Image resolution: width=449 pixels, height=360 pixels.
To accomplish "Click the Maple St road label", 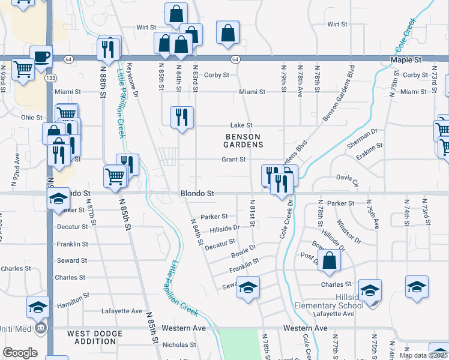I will pyautogui.click(x=406, y=61).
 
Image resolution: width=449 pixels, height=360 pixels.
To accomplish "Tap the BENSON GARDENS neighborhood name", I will pyautogui.click(x=244, y=140).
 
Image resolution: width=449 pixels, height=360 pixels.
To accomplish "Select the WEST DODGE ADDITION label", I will pyautogui.click(x=92, y=337).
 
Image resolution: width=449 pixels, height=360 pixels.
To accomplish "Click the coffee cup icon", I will pyautogui.click(x=41, y=57).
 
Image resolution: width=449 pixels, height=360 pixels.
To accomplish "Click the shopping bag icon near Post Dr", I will pyautogui.click(x=330, y=260).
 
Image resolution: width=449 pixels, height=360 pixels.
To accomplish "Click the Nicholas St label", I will pyautogui.click(x=175, y=344).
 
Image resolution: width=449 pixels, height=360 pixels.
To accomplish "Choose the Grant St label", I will pyautogui.click(x=234, y=160).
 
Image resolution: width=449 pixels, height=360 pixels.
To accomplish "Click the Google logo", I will pyautogui.click(x=20, y=353).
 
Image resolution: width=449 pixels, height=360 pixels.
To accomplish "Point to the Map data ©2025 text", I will pyautogui.click(x=423, y=355).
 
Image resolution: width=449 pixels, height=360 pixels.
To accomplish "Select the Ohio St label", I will pyautogui.click(x=32, y=118).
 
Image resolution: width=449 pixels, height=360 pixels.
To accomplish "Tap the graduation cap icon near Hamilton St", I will pyautogui.click(x=38, y=307).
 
